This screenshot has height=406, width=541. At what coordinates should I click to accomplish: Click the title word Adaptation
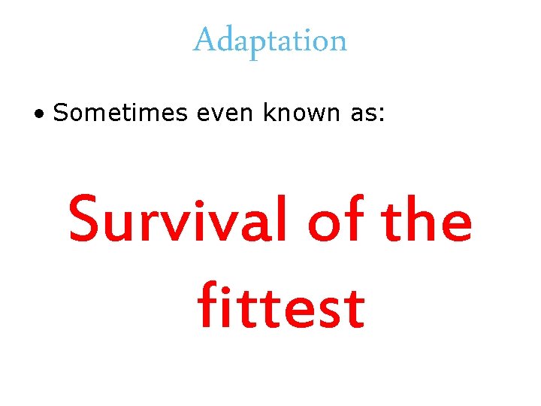pyautogui.click(x=270, y=40)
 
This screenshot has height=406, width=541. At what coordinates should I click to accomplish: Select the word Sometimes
pyautogui.click(x=119, y=113)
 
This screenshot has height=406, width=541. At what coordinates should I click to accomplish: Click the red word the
pyautogui.click(x=427, y=220)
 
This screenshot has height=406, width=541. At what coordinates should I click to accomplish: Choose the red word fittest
pyautogui.click(x=281, y=307)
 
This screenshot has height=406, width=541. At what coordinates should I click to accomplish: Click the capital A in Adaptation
pyautogui.click(x=204, y=40)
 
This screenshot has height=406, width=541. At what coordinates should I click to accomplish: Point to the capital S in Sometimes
pyautogui.click(x=61, y=113)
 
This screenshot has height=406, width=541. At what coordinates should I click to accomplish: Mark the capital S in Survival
pyautogui.click(x=85, y=220)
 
